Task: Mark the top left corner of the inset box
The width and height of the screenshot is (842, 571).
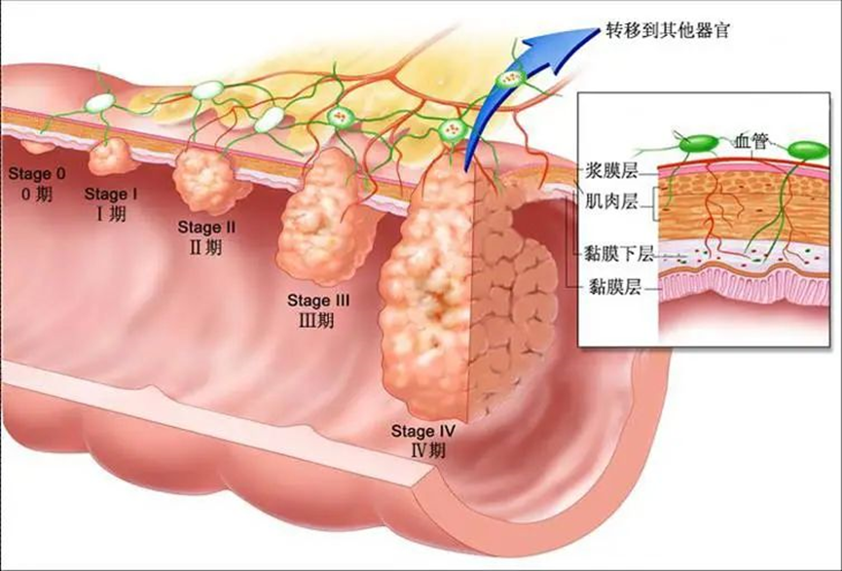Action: pos(578,92)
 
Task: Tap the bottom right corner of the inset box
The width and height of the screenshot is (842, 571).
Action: pos(830,346)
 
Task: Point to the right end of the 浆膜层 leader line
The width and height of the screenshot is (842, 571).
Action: pos(658,174)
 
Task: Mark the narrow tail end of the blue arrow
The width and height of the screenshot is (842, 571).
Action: pos(465,169)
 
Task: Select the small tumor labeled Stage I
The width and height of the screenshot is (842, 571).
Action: pos(109,157)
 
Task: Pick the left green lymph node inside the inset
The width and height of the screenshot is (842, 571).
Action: pos(698,144)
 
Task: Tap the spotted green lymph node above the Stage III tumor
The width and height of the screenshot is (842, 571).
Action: pos(340,116)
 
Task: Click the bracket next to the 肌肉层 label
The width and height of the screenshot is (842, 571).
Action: pos(656,203)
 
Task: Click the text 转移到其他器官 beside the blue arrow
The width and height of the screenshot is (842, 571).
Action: pos(668,30)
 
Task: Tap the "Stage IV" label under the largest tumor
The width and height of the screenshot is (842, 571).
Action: pos(423,431)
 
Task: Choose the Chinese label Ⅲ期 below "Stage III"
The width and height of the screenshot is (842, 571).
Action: pos(316,320)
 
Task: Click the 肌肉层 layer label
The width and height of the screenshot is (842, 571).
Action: pos(611,201)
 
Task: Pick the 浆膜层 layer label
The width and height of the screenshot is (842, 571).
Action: pos(611,171)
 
